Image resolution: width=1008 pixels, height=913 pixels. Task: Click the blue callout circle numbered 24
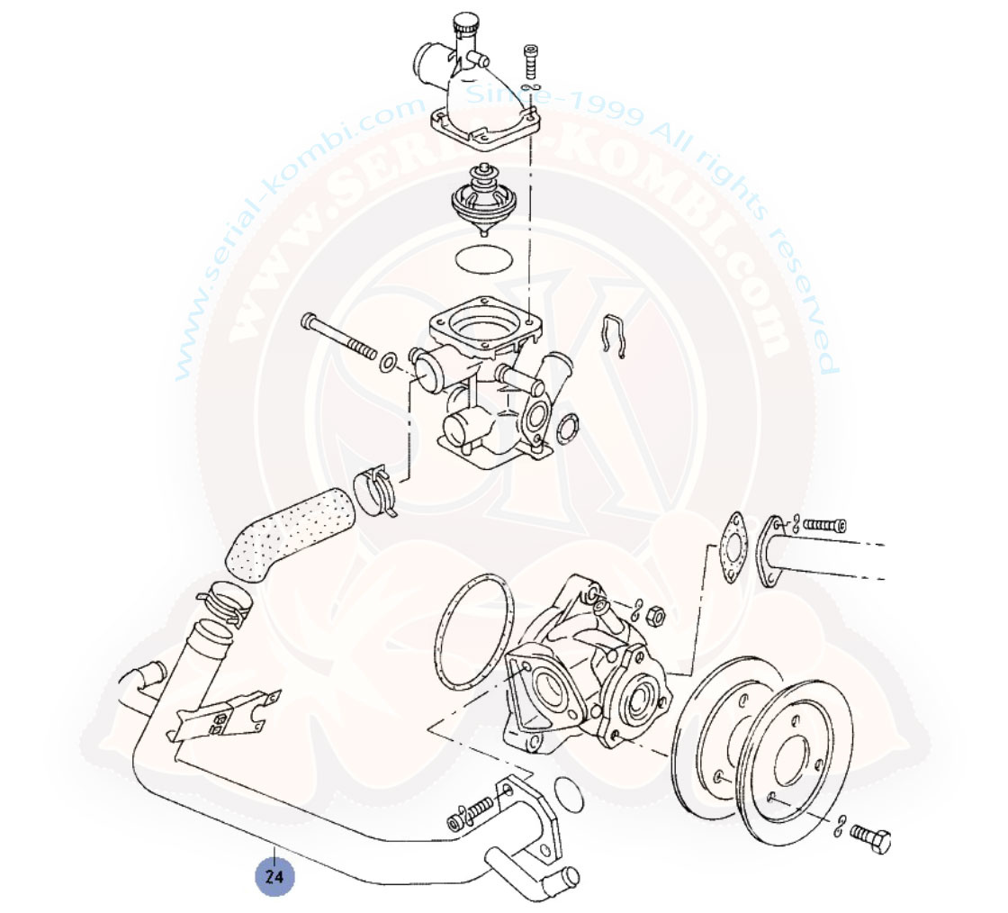click(x=274, y=876)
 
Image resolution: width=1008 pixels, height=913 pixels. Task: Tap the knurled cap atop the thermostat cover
click(x=465, y=23)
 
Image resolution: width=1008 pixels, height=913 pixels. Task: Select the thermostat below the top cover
click(x=484, y=199)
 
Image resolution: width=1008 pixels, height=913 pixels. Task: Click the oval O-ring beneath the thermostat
click(x=484, y=260)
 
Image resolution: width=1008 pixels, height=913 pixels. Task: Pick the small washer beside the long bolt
click(x=388, y=362)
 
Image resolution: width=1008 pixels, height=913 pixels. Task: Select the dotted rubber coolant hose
click(x=290, y=535)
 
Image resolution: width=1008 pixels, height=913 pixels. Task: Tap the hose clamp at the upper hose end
click(x=375, y=489)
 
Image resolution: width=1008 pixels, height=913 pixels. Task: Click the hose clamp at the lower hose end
click(x=226, y=602)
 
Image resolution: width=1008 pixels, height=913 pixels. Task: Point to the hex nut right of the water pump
click(x=655, y=617)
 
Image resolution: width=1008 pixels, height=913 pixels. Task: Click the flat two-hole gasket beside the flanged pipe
click(x=733, y=547)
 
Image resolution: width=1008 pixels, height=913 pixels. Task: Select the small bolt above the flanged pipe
click(x=824, y=525)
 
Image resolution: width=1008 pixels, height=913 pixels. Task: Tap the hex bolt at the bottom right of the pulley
click(x=870, y=838)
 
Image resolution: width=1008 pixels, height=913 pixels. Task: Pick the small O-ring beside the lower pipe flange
click(x=568, y=795)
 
